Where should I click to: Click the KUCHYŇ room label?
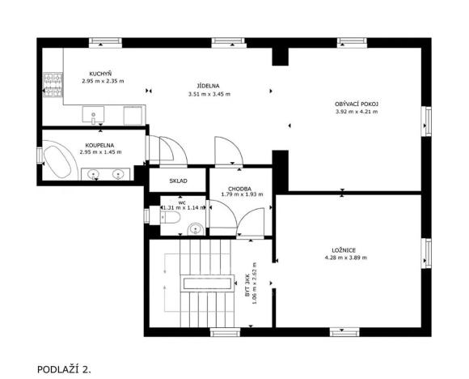tap(100, 74)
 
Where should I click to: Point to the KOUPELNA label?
tap(100, 145)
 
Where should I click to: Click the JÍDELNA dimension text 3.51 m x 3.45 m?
tap(209, 94)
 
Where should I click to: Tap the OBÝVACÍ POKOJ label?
tap(357, 104)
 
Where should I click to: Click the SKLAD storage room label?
tap(178, 181)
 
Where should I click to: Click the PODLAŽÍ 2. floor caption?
tap(65, 368)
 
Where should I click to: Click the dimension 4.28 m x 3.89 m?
tap(345, 258)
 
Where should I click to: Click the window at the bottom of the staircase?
tap(222, 331)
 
